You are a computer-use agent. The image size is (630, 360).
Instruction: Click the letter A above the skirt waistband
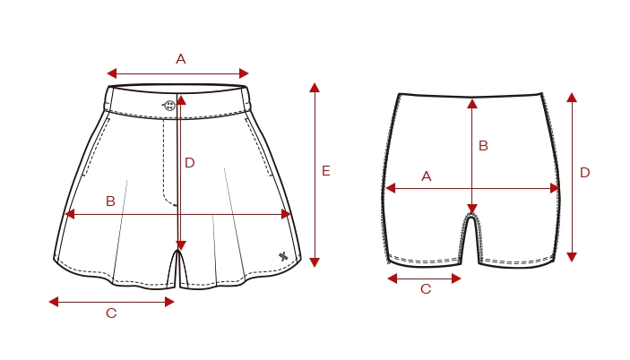tap(181, 59)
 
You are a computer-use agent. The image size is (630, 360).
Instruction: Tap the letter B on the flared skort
tap(110, 201)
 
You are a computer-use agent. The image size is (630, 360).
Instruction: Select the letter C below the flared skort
tap(111, 313)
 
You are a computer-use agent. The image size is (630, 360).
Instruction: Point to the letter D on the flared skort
tap(190, 163)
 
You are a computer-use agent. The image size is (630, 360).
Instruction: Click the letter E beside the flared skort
tap(326, 171)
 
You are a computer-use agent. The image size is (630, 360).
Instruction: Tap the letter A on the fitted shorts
tap(427, 176)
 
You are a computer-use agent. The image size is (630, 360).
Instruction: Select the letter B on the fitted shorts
tap(483, 146)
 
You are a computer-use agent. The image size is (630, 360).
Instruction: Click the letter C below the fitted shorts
tap(426, 289)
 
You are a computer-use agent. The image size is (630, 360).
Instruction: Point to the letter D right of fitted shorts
tap(584, 173)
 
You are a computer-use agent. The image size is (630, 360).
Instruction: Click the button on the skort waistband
tap(170, 106)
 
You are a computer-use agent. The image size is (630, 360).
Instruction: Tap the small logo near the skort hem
tap(283, 256)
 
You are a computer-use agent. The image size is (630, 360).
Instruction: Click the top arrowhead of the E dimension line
tap(315, 88)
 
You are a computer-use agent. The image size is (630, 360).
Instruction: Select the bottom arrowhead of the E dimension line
tap(315, 262)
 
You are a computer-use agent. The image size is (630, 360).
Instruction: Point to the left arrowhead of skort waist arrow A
tap(112, 73)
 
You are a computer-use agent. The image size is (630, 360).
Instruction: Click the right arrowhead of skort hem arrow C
tap(169, 302)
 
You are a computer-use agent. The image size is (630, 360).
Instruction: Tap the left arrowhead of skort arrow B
tap(70, 214)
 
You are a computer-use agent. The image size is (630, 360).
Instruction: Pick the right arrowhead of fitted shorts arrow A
tap(555, 188)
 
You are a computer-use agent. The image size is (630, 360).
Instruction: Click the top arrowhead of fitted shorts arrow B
tap(472, 104)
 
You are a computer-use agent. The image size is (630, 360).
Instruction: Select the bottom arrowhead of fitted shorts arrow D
tap(572, 257)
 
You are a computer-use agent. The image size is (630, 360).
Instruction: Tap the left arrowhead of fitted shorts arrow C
tap(393, 279)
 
